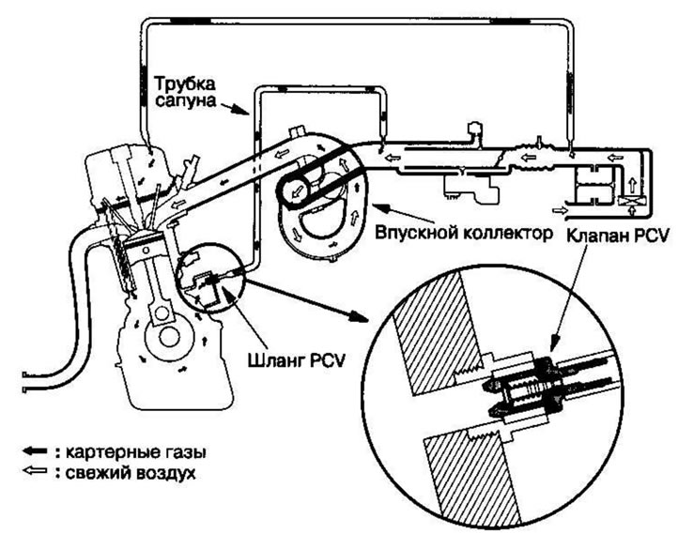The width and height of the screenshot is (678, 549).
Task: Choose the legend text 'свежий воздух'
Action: pos(129,473)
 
